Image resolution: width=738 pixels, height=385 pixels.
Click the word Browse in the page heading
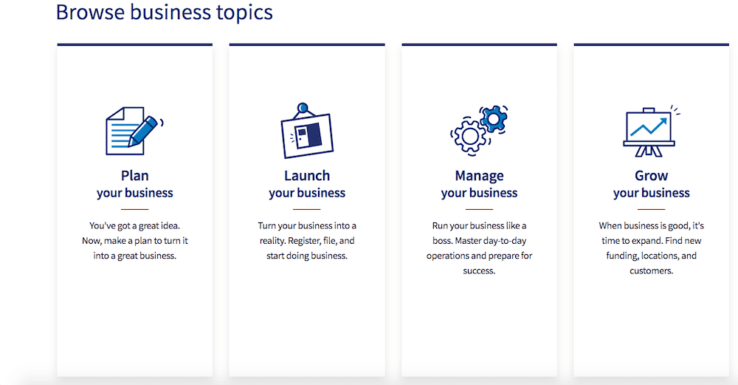tap(90, 12)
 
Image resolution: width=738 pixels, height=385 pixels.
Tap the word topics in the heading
tap(244, 13)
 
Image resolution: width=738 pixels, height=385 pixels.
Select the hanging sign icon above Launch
tap(307, 131)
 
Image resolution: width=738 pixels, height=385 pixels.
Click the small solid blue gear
tap(493, 119)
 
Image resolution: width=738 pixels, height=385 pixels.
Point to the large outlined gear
tap(469, 136)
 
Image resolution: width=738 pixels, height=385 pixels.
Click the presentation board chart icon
tap(651, 131)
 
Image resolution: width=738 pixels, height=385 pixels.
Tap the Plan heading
tap(134, 176)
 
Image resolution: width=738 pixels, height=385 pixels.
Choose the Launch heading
tap(307, 176)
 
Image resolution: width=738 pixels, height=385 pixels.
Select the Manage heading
tap(479, 176)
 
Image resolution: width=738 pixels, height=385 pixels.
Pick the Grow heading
tap(652, 176)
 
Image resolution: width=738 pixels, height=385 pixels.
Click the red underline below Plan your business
tap(134, 209)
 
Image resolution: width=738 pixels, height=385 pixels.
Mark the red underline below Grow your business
tap(652, 209)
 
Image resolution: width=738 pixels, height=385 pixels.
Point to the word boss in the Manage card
tap(443, 241)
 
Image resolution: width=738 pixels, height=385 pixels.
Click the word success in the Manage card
tap(479, 271)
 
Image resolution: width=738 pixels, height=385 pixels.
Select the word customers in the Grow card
tap(652, 271)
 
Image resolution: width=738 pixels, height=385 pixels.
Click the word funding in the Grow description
tap(621, 256)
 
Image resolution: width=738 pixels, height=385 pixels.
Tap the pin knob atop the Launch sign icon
tap(303, 108)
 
